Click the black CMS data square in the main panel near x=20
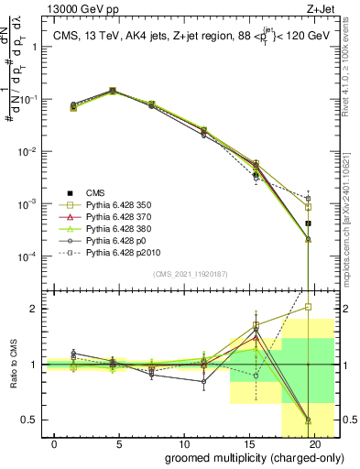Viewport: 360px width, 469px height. (309, 224)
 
